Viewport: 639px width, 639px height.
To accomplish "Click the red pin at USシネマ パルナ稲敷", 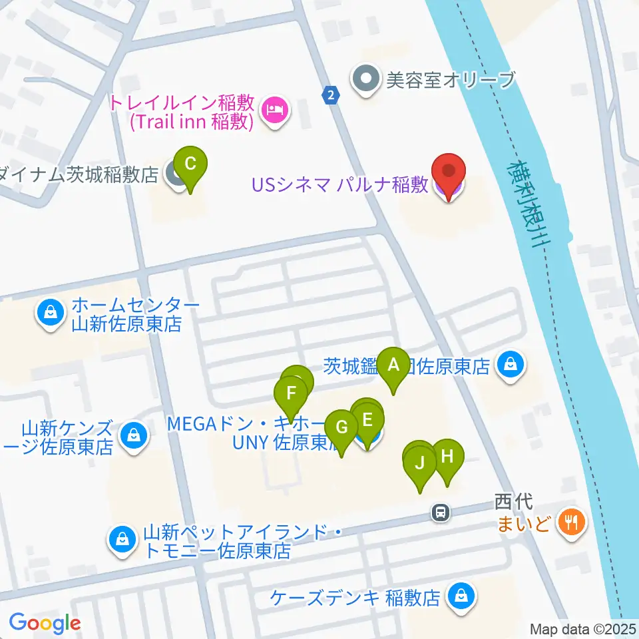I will coord(448,174).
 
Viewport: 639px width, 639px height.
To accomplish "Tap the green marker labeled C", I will coord(190,164).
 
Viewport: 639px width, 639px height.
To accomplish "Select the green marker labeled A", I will coord(393,366).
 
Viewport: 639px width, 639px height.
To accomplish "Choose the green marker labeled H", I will coord(447,458).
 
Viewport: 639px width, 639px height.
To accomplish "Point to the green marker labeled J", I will coord(420,463).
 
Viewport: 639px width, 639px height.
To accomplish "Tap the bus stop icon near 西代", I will coord(440,512).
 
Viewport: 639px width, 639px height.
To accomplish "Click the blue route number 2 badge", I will coord(330,95).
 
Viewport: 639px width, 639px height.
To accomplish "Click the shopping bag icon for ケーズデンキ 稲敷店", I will coord(461,596).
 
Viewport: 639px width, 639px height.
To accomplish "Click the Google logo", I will coord(45,623).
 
